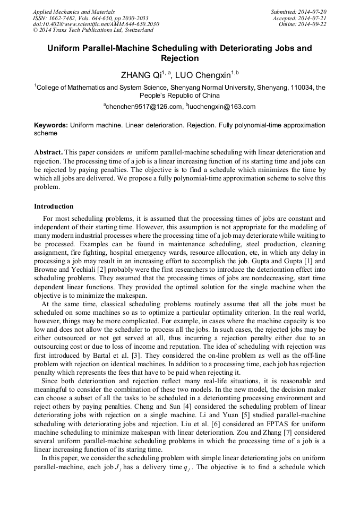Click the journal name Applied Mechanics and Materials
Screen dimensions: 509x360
coord(73,12)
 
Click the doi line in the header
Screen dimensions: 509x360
coord(96,24)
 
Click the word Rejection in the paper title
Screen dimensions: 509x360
coord(179,58)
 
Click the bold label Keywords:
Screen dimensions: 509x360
coord(50,125)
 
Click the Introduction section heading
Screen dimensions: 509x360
coord(54,206)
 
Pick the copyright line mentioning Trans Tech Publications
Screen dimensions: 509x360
coord(93,31)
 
